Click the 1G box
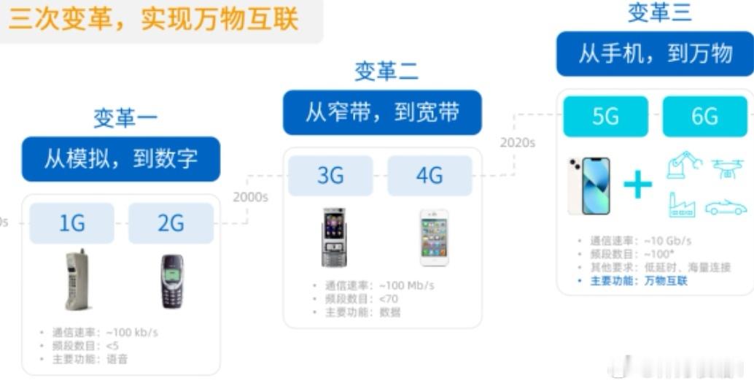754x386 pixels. coord(71,223)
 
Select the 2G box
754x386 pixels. coord(171,223)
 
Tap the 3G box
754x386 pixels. coord(330,176)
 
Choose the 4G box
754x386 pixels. coord(430,176)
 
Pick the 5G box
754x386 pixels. coord(605,116)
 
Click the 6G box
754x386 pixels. coord(704,116)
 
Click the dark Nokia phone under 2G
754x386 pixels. coord(172,281)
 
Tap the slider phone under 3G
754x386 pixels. coord(333,237)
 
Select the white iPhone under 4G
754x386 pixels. coord(434,238)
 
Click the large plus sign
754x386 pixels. coord(637,185)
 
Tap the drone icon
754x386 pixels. coord(726,167)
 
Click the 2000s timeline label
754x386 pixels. coord(250,197)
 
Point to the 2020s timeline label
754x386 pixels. coord(517,142)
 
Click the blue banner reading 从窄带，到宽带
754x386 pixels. coord(382,112)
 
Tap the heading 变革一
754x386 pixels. coord(125,117)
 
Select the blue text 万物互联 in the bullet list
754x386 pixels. coord(666,281)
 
